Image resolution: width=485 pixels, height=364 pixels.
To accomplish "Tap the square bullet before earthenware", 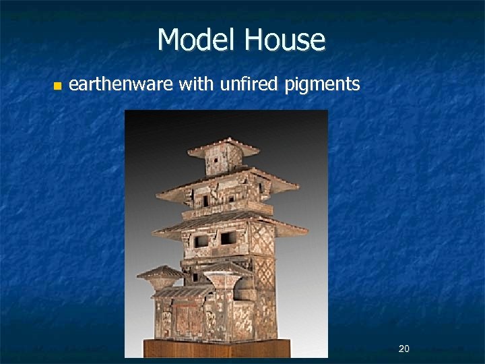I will pyautogui.click(x=57, y=86).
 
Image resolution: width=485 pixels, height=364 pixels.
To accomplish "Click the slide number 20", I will pyautogui.click(x=404, y=348).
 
